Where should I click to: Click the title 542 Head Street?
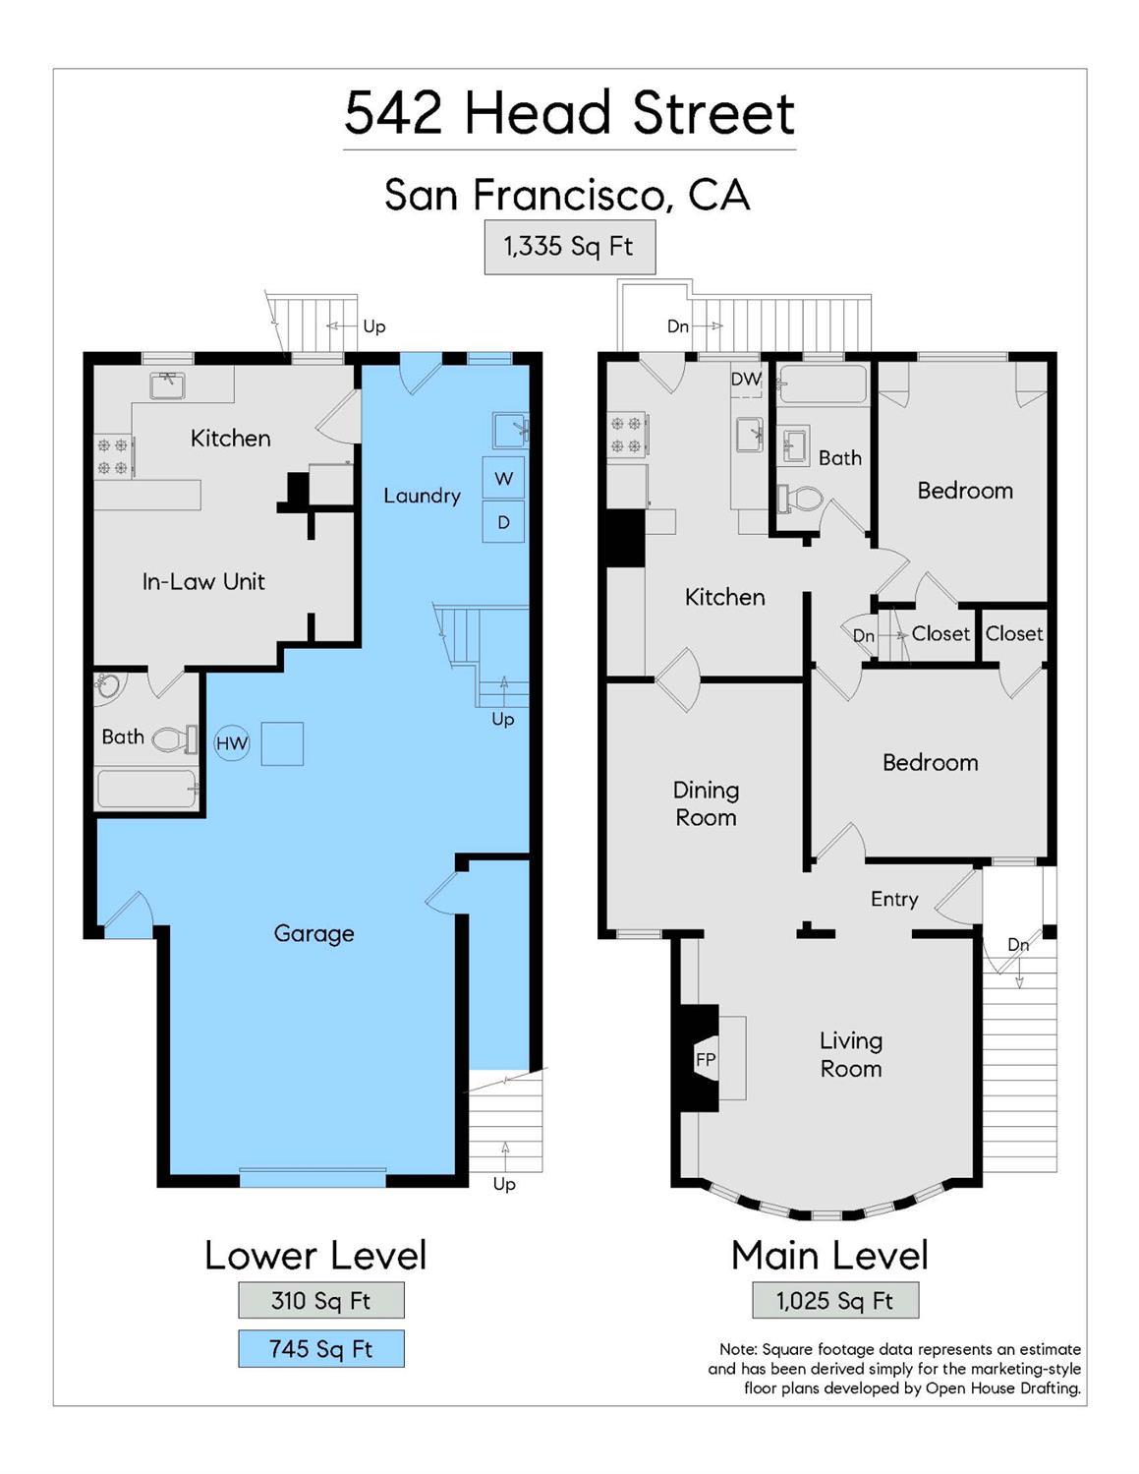click(x=569, y=113)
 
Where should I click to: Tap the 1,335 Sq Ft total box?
click(x=569, y=247)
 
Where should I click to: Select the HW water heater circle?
click(x=232, y=743)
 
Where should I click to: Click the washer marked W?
click(x=503, y=479)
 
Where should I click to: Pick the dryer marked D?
click(x=503, y=522)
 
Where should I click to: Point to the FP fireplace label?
click(x=706, y=1059)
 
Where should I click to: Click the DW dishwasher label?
click(x=746, y=380)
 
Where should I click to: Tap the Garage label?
click(x=313, y=933)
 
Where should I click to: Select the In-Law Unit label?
click(x=203, y=581)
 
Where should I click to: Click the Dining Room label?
click(x=706, y=803)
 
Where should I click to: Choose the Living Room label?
click(x=851, y=1054)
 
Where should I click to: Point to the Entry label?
click(x=894, y=899)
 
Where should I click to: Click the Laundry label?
click(x=422, y=496)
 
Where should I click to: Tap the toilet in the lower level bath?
click(x=175, y=738)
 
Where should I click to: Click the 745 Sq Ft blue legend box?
click(x=320, y=1349)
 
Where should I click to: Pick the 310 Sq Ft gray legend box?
click(x=320, y=1300)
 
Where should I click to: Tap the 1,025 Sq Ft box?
click(x=835, y=1300)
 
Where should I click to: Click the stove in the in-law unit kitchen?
click(x=114, y=456)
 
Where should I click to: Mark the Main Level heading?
click(x=829, y=1256)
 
